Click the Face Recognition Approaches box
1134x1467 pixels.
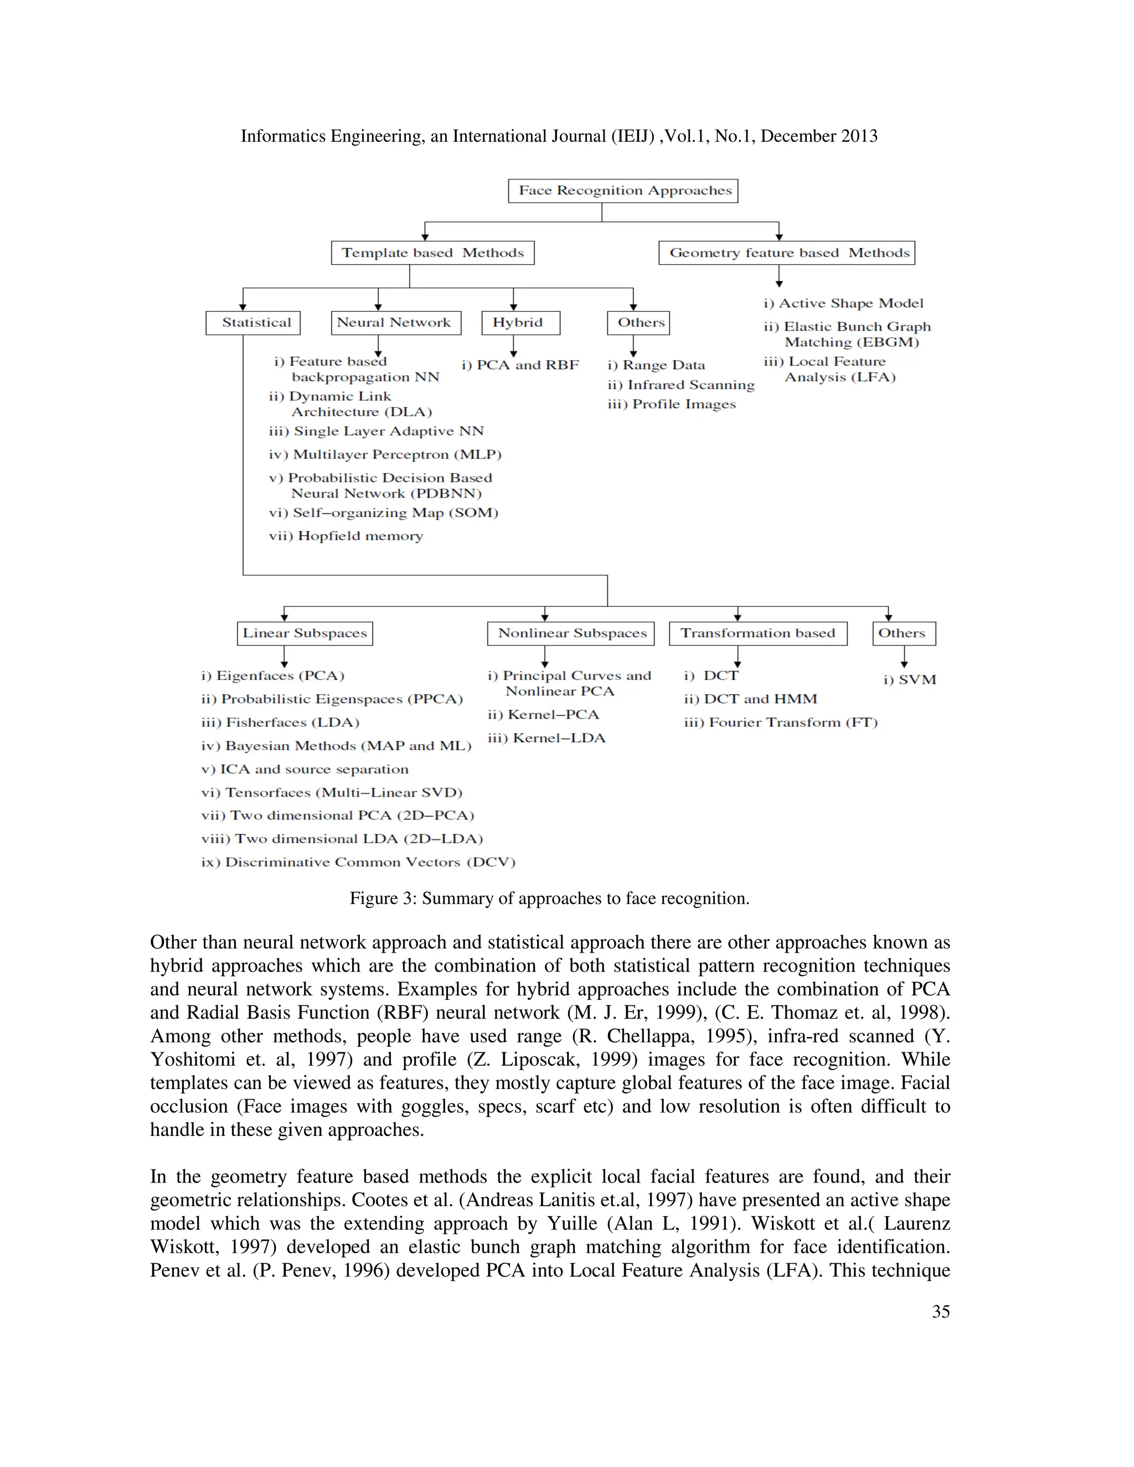(623, 191)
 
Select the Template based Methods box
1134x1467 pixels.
(432, 253)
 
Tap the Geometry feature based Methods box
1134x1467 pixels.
(787, 253)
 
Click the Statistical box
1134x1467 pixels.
(253, 322)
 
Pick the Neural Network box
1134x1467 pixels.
(396, 322)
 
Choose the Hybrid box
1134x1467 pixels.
(520, 322)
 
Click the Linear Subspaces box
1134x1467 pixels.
(305, 633)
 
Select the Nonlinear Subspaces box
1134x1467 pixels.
(571, 633)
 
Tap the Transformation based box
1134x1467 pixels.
(758, 633)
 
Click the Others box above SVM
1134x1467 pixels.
(904, 633)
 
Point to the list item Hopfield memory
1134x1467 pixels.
(346, 536)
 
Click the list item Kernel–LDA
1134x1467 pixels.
(546, 738)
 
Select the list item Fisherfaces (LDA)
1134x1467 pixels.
(280, 723)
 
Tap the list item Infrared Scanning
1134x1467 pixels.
(681, 385)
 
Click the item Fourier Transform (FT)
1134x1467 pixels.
(781, 723)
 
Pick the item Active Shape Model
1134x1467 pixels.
(843, 303)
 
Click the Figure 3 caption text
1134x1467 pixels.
(549, 898)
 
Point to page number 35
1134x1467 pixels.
(941, 1312)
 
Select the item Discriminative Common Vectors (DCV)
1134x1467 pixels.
(358, 862)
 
